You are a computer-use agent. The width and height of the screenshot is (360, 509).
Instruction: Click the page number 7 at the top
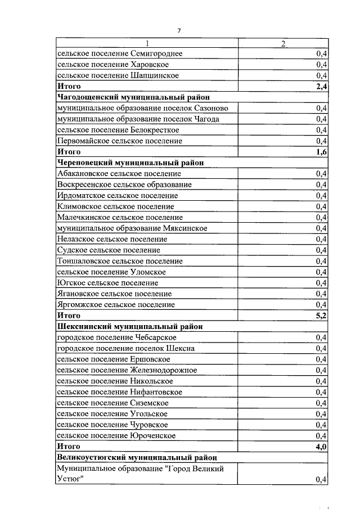point(179,30)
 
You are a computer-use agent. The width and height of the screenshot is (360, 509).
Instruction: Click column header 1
point(147,43)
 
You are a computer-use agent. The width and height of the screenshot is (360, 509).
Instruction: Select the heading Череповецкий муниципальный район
point(130,163)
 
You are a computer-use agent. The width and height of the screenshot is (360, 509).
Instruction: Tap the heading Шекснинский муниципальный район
point(129,327)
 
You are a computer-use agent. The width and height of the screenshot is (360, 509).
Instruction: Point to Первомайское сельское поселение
point(120,141)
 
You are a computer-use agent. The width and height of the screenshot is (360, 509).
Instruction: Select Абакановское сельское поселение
point(119,174)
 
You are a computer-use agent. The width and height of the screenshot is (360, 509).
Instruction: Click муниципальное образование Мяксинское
point(132,228)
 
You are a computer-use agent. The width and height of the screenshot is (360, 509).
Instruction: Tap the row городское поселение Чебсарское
point(116,337)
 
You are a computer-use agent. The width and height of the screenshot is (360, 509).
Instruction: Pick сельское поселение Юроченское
point(116,436)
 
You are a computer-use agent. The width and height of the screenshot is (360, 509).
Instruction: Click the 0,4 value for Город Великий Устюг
point(322,479)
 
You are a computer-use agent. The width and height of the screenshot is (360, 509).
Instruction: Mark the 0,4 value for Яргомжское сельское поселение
point(322,305)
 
